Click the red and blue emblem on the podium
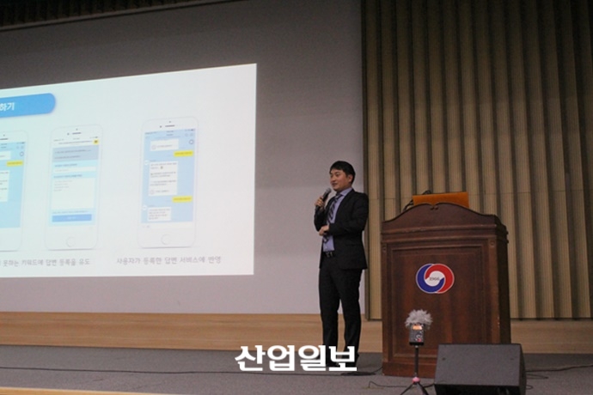(x=434, y=278)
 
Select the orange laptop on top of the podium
(x=440, y=199)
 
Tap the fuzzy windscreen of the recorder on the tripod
(x=418, y=319)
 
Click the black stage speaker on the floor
(x=479, y=368)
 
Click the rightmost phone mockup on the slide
(x=168, y=182)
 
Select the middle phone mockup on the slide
(x=73, y=187)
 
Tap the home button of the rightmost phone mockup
(x=168, y=238)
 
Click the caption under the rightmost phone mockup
(x=168, y=259)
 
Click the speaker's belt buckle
(x=329, y=254)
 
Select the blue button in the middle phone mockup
(x=72, y=218)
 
